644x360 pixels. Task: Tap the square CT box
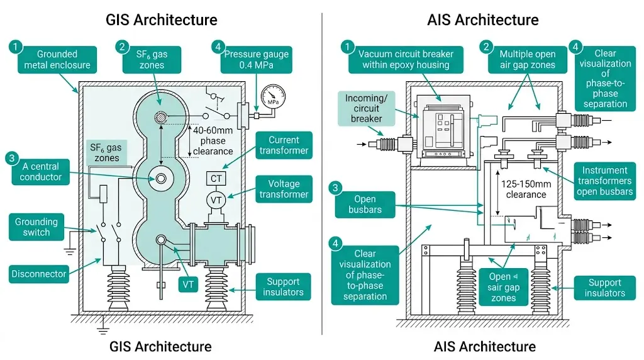(x=216, y=179)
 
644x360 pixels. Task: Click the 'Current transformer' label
(x=284, y=145)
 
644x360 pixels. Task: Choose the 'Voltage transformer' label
(x=284, y=189)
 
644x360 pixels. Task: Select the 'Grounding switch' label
(x=36, y=227)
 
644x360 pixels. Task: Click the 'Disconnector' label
(x=38, y=274)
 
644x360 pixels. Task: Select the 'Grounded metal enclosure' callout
(x=57, y=59)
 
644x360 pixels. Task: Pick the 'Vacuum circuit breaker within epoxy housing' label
(x=406, y=59)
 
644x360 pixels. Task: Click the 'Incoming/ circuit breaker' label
(x=367, y=108)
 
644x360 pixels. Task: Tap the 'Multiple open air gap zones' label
(x=527, y=59)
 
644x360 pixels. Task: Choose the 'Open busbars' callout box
(x=365, y=205)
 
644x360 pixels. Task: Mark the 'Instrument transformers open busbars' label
(x=604, y=181)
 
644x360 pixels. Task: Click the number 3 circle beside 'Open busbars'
(x=336, y=188)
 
